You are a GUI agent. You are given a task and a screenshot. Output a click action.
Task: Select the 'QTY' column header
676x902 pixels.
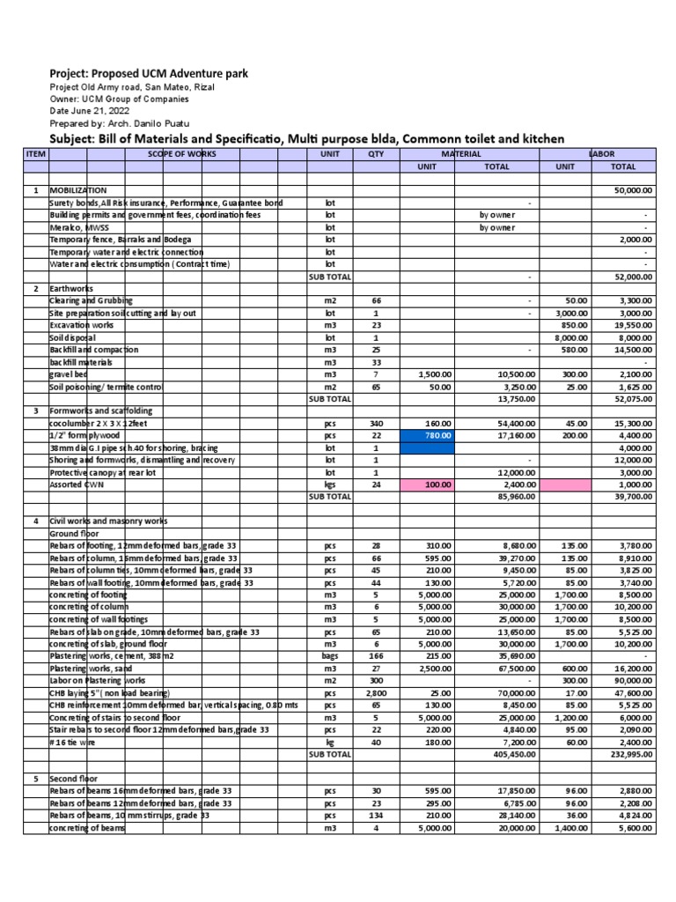pyautogui.click(x=376, y=153)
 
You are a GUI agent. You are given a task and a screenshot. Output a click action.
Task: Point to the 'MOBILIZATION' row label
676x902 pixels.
pyautogui.click(x=78, y=190)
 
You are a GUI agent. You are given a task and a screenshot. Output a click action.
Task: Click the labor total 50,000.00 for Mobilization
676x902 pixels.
pyautogui.click(x=633, y=190)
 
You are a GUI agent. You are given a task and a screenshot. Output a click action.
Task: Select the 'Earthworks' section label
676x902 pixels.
pyautogui.click(x=71, y=288)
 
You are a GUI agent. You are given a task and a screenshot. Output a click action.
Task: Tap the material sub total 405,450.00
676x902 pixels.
pyautogui.click(x=513, y=755)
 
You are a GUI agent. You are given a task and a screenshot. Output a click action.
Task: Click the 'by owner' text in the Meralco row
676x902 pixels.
pyautogui.click(x=496, y=227)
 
